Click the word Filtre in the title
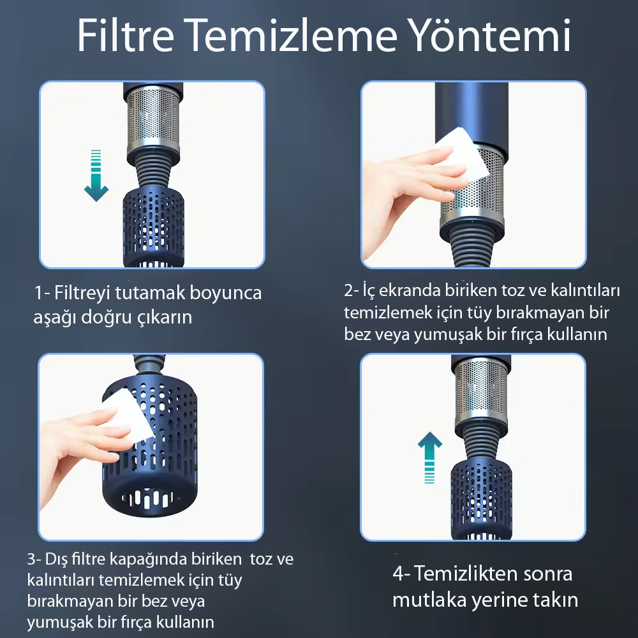(126, 35)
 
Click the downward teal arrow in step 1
(96, 175)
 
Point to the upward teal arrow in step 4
(429, 457)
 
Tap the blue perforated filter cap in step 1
(153, 226)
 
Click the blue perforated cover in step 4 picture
(481, 500)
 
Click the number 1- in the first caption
(42, 293)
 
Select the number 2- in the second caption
(352, 290)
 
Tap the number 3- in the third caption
(34, 559)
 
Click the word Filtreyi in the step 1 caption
(82, 293)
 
